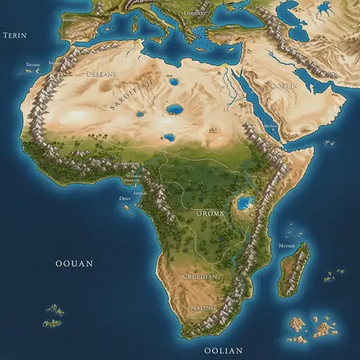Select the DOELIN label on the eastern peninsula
pyautogui.click(x=283, y=86)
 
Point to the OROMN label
pyautogui.click(x=210, y=213)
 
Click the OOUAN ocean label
pyautogui.click(x=73, y=264)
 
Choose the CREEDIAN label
pyautogui.click(x=199, y=276)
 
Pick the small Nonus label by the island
pyautogui.click(x=286, y=246)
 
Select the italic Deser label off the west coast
pyautogui.click(x=125, y=198)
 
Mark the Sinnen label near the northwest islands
pyautogui.click(x=33, y=65)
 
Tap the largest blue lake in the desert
pyautogui.click(x=174, y=109)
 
